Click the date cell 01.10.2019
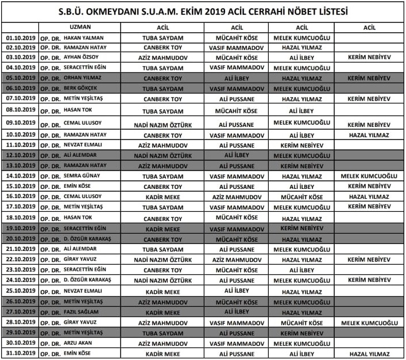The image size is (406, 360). point(20,38)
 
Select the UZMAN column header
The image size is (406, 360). point(80,27)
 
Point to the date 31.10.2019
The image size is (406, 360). point(20,353)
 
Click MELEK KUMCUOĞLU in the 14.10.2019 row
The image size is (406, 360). point(369,176)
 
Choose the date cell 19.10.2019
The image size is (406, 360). point(20,229)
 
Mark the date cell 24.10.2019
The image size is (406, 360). point(20,280)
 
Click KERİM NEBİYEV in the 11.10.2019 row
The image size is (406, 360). point(301,145)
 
